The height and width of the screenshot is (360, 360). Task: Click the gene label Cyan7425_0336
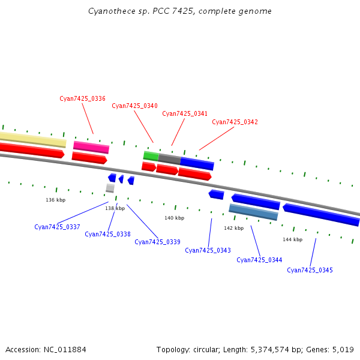(82, 98)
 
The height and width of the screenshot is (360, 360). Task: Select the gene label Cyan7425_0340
(134, 106)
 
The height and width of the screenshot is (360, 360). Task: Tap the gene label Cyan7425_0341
(185, 113)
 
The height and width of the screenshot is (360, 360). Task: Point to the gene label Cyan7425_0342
(235, 122)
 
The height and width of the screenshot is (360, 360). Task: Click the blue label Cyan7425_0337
(57, 227)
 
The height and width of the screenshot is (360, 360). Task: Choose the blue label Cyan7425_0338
(107, 234)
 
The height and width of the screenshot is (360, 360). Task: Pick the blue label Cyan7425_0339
(157, 242)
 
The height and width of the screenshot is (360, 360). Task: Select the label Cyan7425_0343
(208, 250)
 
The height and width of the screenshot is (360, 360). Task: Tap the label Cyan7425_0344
(259, 260)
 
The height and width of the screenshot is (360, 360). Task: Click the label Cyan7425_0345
(310, 270)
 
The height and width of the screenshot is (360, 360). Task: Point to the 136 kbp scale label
(55, 200)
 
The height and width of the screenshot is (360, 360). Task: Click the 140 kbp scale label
(174, 218)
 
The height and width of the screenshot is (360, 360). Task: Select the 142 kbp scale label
(233, 228)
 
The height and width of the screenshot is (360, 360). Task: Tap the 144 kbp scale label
(292, 239)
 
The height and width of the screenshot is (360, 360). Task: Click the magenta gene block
(91, 147)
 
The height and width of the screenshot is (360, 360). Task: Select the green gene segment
(151, 156)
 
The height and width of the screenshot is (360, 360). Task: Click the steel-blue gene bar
(253, 212)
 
